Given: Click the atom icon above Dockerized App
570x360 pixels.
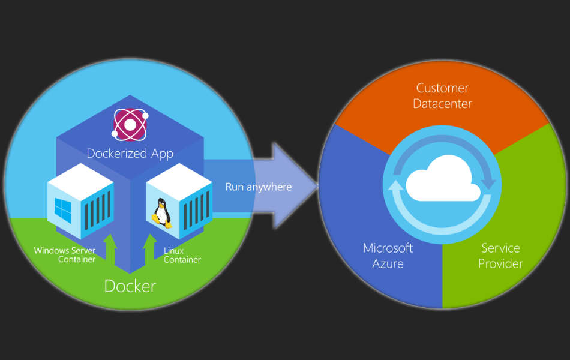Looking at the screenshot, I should pos(130,124).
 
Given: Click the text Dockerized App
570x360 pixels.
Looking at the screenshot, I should pos(130,154).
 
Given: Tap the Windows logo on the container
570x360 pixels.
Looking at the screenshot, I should pos(62,209).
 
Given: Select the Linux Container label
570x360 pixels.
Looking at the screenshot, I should pos(182,255).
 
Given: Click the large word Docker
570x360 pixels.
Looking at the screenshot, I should pos(130,286).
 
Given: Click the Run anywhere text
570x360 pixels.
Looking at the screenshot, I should pos(259,187).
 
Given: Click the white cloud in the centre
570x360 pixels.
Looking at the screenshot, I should pos(443,179).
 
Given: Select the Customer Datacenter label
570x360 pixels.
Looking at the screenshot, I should pos(443,96).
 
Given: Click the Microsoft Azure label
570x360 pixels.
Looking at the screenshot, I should pos(388,256).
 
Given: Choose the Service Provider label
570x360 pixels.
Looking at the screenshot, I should pos(500,256).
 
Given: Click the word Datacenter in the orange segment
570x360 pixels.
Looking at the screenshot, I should pos(443,104).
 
